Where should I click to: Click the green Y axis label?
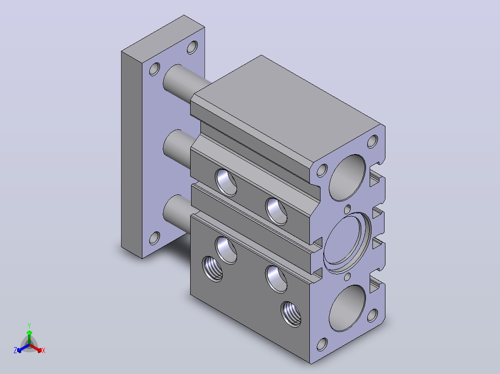[x=29, y=325]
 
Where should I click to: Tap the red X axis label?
[x=44, y=350]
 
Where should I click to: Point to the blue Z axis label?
[x=15, y=350]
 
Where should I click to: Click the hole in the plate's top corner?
[x=192, y=47]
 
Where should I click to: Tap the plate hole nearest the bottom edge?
[x=154, y=238]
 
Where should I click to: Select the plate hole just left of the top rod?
[x=154, y=69]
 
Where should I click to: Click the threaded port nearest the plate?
[x=212, y=269]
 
